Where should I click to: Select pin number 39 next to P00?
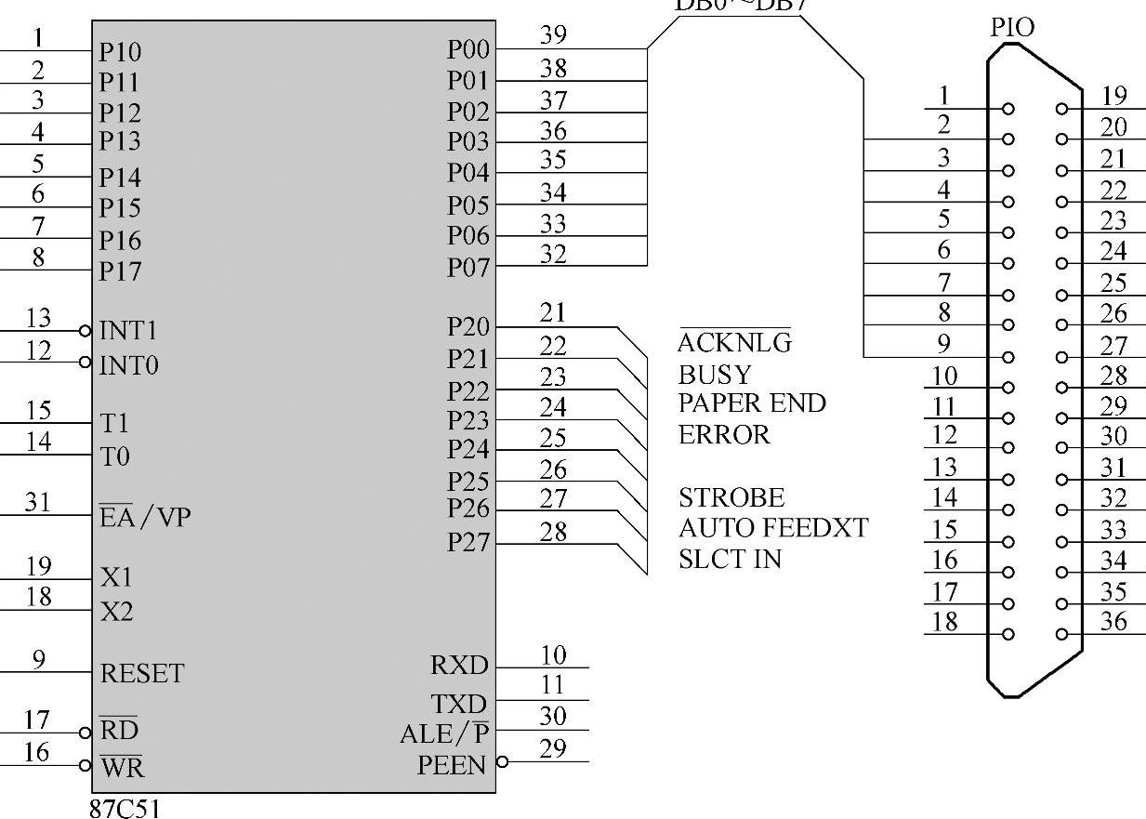pyautogui.click(x=553, y=35)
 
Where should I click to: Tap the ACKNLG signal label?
pyautogui.click(x=734, y=343)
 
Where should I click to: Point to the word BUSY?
pyautogui.click(x=715, y=375)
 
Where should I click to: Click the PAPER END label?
pyautogui.click(x=752, y=403)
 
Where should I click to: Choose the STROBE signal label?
pyautogui.click(x=731, y=497)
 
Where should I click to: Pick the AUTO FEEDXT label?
pyautogui.click(x=773, y=528)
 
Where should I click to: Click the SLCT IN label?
pyautogui.click(x=730, y=559)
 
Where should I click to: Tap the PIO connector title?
pyautogui.click(x=1012, y=29)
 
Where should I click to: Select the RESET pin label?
pyautogui.click(x=142, y=673)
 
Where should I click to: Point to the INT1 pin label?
pyautogui.click(x=128, y=331)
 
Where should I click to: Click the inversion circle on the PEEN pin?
pyautogui.click(x=503, y=762)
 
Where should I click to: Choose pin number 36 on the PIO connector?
pyautogui.click(x=1113, y=621)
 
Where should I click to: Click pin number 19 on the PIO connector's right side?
pyautogui.click(x=1113, y=95)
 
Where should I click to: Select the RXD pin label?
pyautogui.click(x=458, y=666)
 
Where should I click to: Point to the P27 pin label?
pyautogui.click(x=468, y=542)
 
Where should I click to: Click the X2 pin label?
pyautogui.click(x=116, y=612)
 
